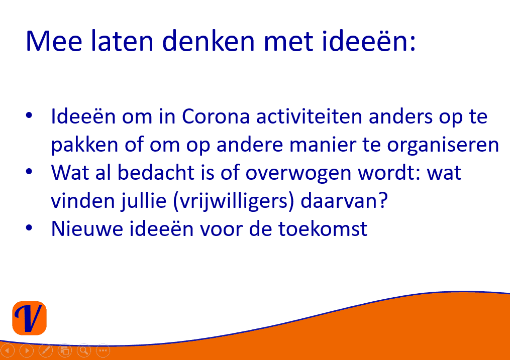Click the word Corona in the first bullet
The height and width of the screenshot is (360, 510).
click(216, 116)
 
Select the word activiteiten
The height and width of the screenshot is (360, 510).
click(309, 116)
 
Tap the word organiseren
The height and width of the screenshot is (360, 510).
click(443, 145)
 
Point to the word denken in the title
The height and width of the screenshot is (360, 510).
click(209, 41)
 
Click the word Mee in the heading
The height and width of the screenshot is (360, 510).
click(54, 41)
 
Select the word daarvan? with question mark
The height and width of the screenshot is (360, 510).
click(344, 200)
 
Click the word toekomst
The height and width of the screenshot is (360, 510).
click(323, 229)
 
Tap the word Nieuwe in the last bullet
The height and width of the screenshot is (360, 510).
click(87, 229)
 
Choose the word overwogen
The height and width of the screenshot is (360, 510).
click(298, 173)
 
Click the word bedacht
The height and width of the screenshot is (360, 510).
click(156, 172)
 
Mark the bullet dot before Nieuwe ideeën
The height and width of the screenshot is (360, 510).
click(29, 228)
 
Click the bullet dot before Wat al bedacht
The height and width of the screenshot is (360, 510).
click(29, 171)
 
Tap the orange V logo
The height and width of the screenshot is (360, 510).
click(30, 318)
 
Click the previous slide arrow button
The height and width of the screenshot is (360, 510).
click(8, 350)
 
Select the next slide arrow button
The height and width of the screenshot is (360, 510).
click(27, 350)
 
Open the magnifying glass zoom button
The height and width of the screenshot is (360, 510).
click(84, 350)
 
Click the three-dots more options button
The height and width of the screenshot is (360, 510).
click(103, 350)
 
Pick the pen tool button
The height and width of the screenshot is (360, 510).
click(46, 350)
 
